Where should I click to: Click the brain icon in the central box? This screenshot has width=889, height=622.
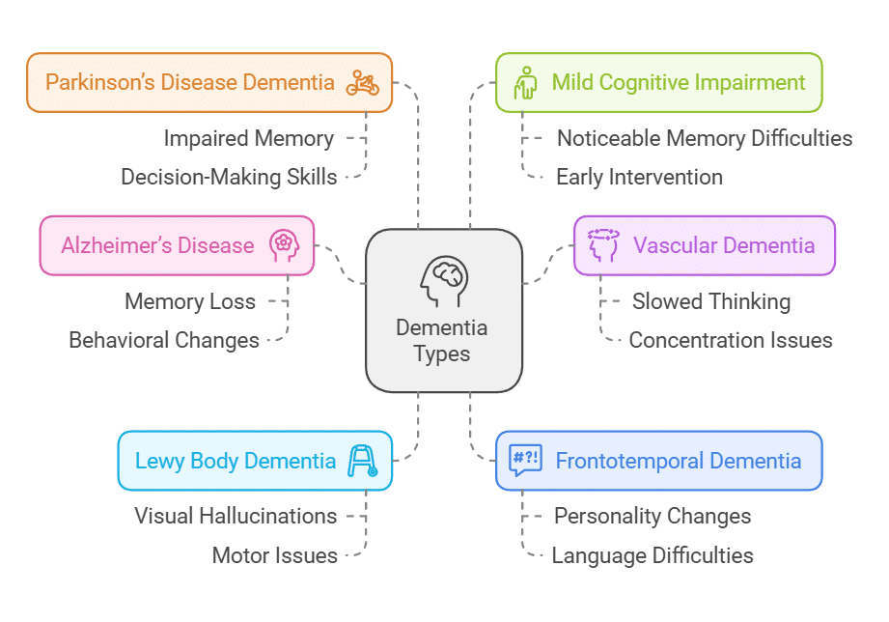(x=443, y=281)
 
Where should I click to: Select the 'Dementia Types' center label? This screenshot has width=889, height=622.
(x=442, y=340)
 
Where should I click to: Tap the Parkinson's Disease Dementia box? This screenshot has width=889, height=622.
(x=208, y=82)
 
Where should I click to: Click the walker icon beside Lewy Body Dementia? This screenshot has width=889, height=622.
(x=363, y=461)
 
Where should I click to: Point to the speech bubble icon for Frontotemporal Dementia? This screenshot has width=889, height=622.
(x=525, y=460)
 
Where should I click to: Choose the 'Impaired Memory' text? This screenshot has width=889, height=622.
(x=248, y=138)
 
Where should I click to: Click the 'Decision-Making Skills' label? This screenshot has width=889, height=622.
(x=229, y=177)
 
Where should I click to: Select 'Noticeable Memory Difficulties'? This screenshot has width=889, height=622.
(x=705, y=138)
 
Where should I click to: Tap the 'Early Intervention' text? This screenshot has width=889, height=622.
(x=639, y=177)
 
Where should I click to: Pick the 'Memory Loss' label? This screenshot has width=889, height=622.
(x=190, y=301)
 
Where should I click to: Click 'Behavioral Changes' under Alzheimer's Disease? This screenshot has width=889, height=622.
(x=164, y=340)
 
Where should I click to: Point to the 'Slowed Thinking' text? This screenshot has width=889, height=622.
(x=711, y=301)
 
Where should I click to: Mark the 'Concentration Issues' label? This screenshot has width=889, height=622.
(x=731, y=340)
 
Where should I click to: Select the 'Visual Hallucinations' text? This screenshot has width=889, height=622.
(x=236, y=516)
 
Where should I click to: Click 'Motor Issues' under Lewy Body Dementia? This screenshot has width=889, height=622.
(x=275, y=555)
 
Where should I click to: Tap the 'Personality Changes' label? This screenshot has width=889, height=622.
(x=653, y=516)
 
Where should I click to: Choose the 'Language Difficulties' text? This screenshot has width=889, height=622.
(x=653, y=555)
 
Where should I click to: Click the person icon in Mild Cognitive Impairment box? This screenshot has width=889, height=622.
(x=524, y=82)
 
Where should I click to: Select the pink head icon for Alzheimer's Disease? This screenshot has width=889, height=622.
(x=285, y=244)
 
